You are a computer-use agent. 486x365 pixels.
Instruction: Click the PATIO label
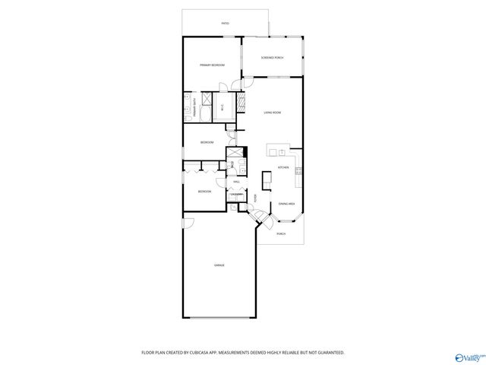coord(225,24)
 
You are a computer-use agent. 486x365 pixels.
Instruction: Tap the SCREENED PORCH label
coord(272,58)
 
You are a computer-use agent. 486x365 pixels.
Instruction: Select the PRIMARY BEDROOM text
coord(210,66)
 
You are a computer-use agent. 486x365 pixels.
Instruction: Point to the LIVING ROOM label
coord(273,113)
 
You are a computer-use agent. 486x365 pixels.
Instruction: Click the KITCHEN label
coord(282,167)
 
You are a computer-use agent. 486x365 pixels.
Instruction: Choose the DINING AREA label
coord(286,204)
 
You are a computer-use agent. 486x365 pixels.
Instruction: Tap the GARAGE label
coord(219,265)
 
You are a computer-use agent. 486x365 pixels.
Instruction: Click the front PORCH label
coord(281,233)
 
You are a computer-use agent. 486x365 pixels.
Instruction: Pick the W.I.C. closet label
coord(221,107)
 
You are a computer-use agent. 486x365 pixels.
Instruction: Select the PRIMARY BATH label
coord(195,107)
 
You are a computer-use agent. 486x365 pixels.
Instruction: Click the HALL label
coord(236,182)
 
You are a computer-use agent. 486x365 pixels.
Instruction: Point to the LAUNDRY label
coord(237,195)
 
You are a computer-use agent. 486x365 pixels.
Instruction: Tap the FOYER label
coord(256,199)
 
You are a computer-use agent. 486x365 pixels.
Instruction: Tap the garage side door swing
coord(189,224)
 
